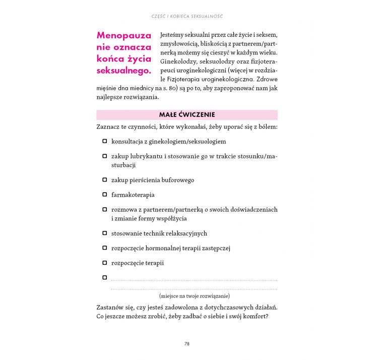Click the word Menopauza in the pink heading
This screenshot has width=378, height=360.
coord(123,36)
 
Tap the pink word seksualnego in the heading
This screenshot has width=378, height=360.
coord(123,71)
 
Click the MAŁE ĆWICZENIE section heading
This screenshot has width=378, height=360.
coord(186,115)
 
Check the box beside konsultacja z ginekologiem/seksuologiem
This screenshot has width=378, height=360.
coord(105,142)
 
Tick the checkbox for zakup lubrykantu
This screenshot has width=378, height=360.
coord(105,156)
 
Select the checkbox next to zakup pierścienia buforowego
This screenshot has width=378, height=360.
coord(105,179)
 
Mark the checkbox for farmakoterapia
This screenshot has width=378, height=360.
coord(105,194)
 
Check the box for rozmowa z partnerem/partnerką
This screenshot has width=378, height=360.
coord(105,209)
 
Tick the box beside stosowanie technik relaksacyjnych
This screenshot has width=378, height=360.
coord(105,233)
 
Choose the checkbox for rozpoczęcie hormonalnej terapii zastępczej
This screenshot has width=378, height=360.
coord(105,248)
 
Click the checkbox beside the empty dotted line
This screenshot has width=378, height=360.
coord(105,277)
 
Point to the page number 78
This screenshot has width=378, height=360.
coord(186,344)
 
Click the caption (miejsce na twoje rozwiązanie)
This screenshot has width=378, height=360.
coord(194,296)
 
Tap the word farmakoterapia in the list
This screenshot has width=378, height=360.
coord(133,195)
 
